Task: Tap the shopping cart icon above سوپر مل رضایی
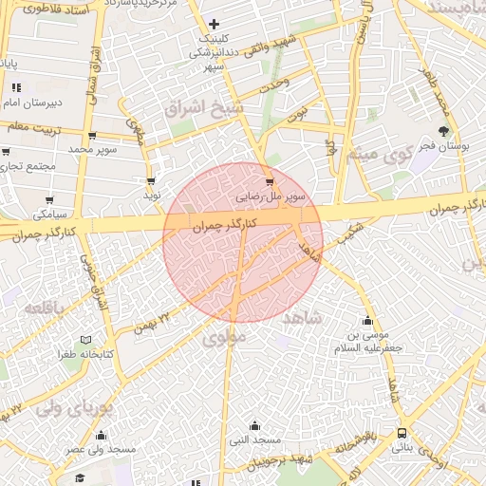tap(270, 182)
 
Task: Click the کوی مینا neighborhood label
tap(380, 153)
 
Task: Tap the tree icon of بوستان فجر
tap(443, 131)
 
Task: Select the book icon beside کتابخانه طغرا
tap(85, 340)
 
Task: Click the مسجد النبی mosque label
tap(254, 440)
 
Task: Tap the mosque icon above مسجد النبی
tap(253, 425)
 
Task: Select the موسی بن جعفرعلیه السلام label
tap(368, 342)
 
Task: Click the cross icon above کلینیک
tap(214, 24)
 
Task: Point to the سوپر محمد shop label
tap(92, 149)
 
